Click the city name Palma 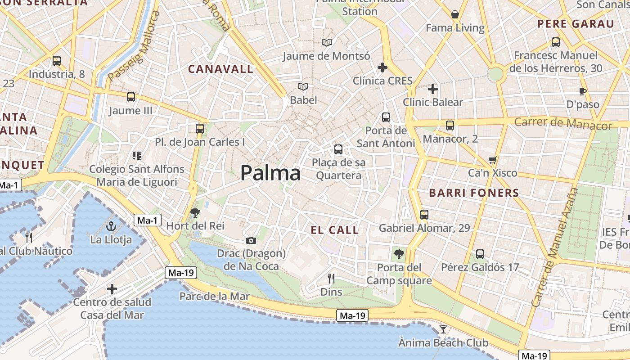click(270, 173)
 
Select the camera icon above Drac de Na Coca click(251, 241)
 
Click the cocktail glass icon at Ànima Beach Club click(443, 329)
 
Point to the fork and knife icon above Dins click(331, 279)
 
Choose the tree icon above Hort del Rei click(195, 212)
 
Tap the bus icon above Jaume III click(131, 97)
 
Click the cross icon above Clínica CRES click(382, 67)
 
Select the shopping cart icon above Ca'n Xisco click(493, 160)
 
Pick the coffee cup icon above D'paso click(583, 91)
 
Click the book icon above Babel click(304, 86)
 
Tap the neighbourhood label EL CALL click(335, 230)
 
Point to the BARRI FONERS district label click(474, 193)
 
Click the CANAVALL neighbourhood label click(220, 69)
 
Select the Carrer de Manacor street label click(563, 123)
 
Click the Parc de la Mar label click(214, 296)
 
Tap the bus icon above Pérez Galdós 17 click(480, 254)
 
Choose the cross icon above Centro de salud click(112, 288)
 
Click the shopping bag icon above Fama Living click(455, 14)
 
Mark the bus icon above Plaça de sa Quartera click(338, 149)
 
